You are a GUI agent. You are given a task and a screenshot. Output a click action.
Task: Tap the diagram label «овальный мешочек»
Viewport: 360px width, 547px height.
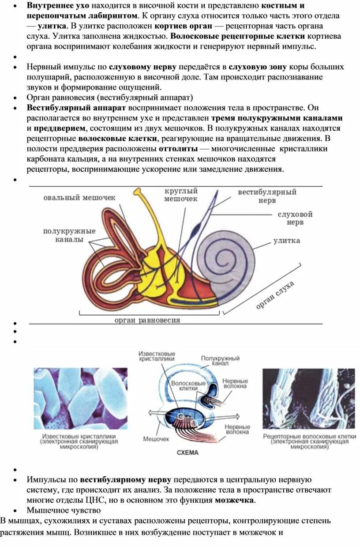coord(79,198)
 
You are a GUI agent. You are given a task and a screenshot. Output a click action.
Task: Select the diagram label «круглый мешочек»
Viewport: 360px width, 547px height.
coord(181,195)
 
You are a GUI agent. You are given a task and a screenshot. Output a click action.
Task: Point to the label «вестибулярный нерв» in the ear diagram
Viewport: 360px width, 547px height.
coord(267,196)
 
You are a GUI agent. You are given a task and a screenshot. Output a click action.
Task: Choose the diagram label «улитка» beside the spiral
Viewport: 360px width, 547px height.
coord(286,241)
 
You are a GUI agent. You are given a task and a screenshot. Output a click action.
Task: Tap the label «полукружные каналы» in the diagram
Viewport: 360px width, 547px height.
coord(69,235)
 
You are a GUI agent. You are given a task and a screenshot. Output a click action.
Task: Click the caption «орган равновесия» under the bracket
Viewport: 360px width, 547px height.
coord(147,320)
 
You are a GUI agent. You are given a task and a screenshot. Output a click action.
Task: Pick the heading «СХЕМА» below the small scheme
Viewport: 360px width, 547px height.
coord(187,453)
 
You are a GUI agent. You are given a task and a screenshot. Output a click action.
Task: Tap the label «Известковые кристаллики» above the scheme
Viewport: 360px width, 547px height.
coord(157,357)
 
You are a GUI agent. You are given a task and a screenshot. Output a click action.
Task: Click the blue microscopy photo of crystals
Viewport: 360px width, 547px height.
coord(80,398)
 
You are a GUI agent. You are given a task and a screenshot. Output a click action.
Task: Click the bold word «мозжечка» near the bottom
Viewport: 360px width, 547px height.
coord(234,500)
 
